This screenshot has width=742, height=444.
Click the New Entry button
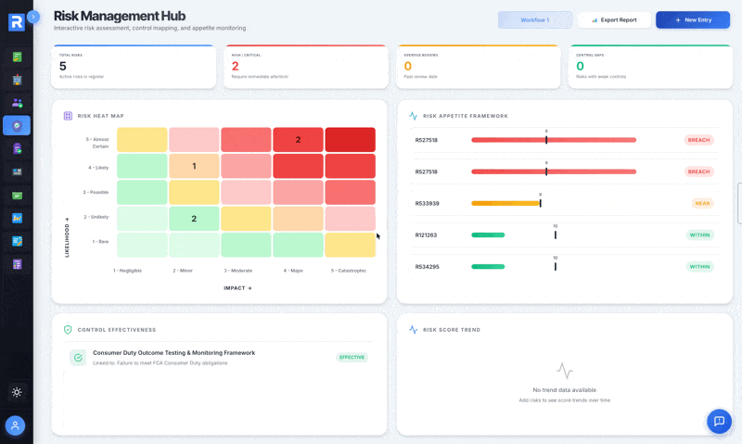coord(692,19)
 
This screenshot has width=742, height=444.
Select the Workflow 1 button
coord(534,19)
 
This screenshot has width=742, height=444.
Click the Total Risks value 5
coord(63,66)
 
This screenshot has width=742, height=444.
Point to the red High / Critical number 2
coord(235,66)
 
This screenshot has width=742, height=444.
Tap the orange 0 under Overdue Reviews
coord(407,66)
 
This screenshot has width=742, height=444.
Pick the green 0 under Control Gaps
coord(580,66)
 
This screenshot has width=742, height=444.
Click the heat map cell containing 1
coord(194,166)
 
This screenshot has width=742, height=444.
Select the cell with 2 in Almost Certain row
coord(298,140)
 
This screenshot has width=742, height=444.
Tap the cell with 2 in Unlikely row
coord(194,219)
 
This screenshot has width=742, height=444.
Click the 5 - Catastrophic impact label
coord(349,271)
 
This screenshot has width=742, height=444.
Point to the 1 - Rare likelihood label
coord(100,241)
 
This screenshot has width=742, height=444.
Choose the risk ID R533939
coord(427,203)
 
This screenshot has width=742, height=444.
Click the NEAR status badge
coord(702,203)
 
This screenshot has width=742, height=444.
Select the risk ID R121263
coord(427,235)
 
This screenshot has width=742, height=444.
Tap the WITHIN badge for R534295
coord(699,267)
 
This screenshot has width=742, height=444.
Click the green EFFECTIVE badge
coord(352,357)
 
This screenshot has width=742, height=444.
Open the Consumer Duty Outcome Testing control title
coord(173,352)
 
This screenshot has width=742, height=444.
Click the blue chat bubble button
coord(719,421)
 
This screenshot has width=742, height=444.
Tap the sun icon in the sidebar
coord(17,392)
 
